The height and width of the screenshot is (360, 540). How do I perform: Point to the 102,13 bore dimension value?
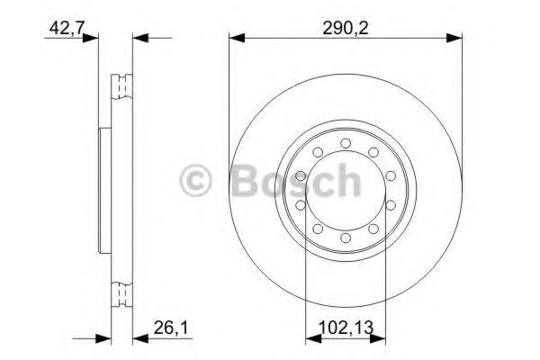[346, 330]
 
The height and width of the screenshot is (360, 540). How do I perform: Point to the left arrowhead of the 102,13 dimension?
[311, 339]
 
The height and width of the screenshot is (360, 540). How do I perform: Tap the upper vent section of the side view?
[121, 86]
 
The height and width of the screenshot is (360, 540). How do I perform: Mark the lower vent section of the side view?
[121, 294]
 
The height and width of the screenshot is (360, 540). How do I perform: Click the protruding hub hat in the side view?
[102, 190]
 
